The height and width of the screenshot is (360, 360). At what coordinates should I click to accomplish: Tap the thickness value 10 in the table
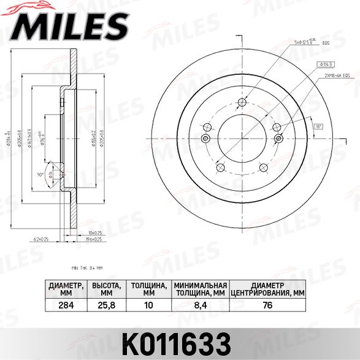(x=148, y=305)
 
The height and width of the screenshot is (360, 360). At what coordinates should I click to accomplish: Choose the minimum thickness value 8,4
(x=200, y=305)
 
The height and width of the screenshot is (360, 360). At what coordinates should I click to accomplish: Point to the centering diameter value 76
(x=267, y=305)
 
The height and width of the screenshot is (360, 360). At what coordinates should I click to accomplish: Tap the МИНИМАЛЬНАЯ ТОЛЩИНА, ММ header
(x=200, y=289)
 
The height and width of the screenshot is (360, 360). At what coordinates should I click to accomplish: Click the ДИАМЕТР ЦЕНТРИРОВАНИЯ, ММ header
(x=267, y=289)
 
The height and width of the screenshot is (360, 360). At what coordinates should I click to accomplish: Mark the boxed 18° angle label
(x=318, y=126)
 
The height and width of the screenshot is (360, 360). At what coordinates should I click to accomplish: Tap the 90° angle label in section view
(x=40, y=174)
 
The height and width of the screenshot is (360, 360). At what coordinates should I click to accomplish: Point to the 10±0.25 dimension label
(x=94, y=233)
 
